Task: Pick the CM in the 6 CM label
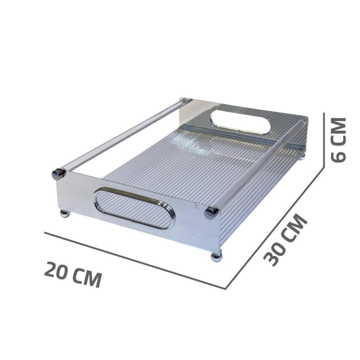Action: click(338, 132)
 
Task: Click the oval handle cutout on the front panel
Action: click(134, 208)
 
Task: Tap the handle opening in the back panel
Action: click(240, 122)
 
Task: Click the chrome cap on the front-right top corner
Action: click(211, 212)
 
